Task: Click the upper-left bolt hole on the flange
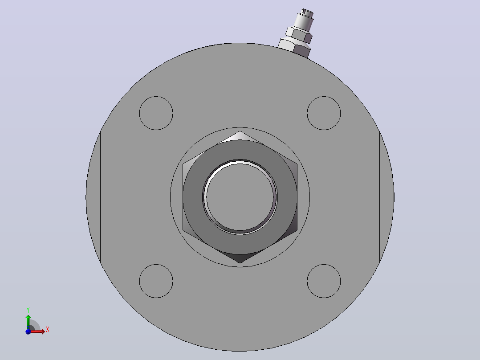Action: pos(156,113)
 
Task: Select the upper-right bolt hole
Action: pos(324,113)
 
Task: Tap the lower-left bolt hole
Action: pos(156,281)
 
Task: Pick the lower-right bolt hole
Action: pos(324,281)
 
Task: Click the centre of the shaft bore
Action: pos(240,197)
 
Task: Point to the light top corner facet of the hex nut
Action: pos(240,136)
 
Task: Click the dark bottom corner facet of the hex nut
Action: pos(240,258)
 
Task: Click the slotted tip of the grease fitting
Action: pos(307,12)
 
